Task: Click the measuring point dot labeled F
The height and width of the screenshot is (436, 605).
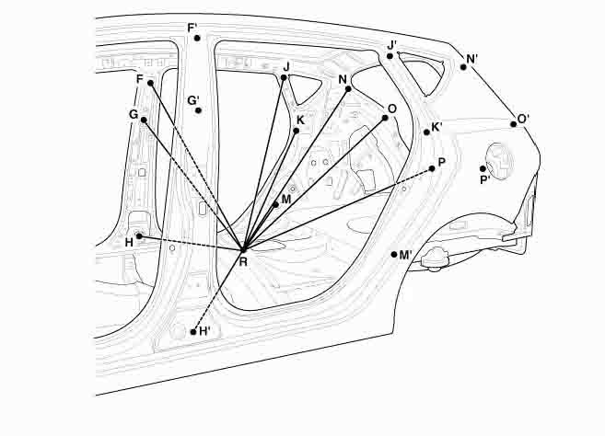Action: tap(150, 83)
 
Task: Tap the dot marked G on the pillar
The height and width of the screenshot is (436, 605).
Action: tap(144, 120)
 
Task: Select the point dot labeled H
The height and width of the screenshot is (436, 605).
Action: tap(139, 236)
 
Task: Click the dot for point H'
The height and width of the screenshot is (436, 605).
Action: tap(192, 331)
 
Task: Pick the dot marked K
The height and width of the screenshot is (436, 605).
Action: tap(296, 131)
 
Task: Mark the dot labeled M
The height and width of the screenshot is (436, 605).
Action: tap(276, 204)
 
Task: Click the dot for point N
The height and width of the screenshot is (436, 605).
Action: tap(346, 89)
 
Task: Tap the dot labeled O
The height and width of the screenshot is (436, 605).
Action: tap(384, 118)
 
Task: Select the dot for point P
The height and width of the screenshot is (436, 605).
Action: tap(432, 168)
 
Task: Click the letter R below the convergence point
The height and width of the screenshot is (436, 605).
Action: tap(243, 262)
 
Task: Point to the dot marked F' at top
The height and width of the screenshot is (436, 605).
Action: tap(197, 38)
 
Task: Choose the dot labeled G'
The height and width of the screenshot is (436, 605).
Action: tap(198, 110)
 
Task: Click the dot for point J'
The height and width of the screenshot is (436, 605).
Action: tap(390, 56)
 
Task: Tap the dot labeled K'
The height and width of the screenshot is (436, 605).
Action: tap(426, 132)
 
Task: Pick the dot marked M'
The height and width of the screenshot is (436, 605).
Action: tap(392, 254)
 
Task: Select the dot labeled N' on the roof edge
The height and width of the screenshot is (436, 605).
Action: tap(463, 67)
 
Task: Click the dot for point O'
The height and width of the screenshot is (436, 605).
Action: tap(514, 124)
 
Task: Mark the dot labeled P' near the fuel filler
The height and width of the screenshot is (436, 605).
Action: tap(483, 169)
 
